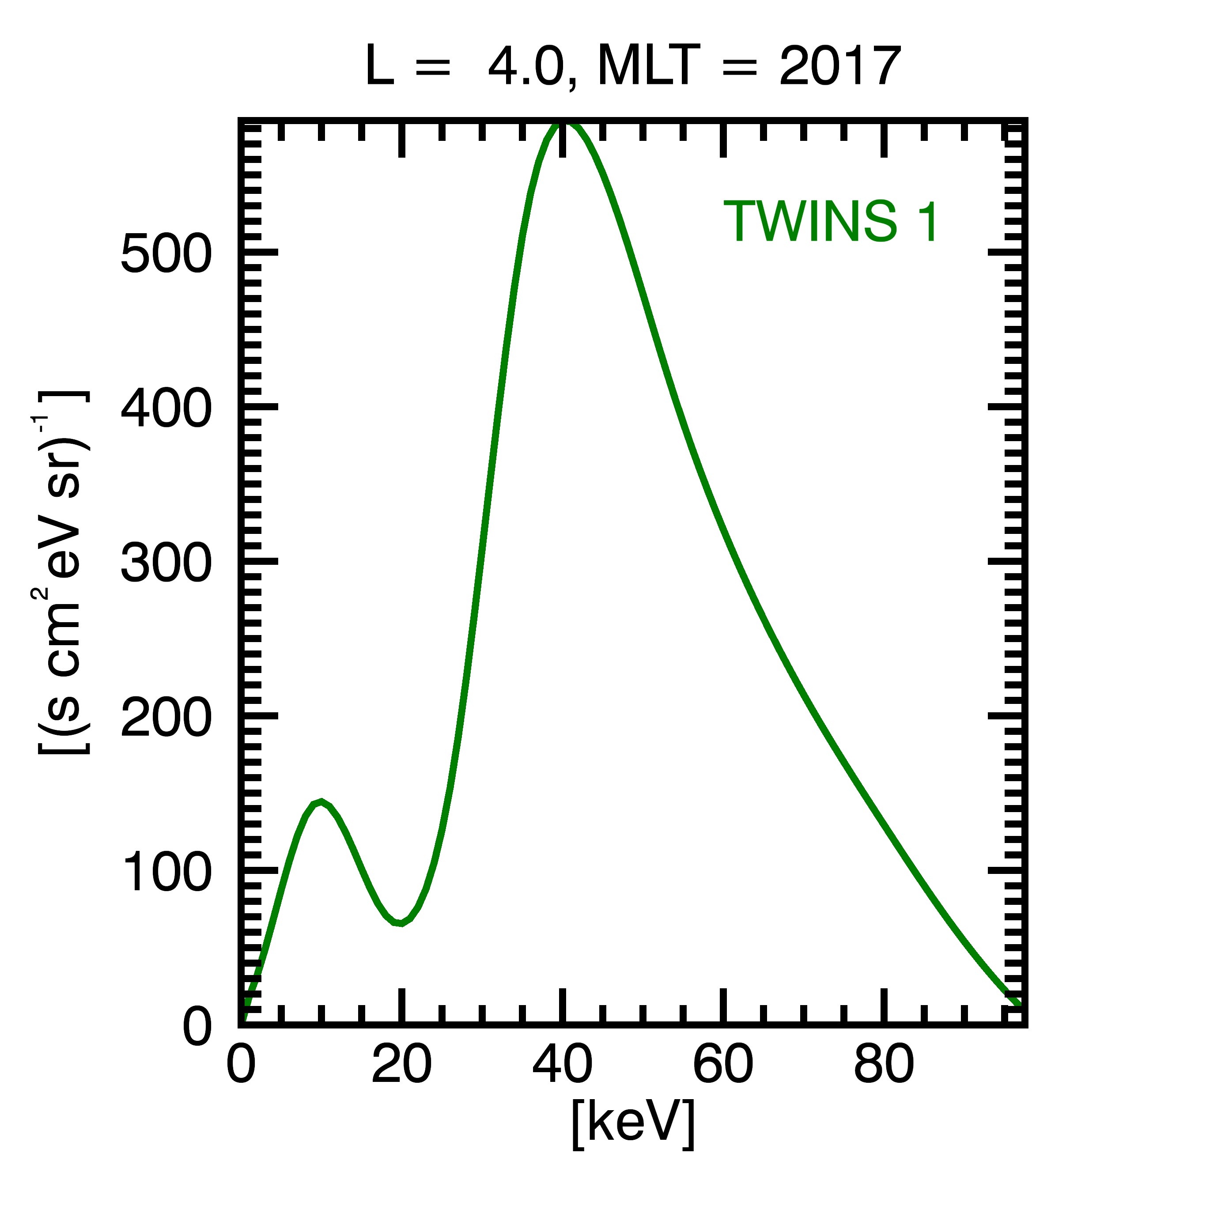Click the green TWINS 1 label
(x=830, y=222)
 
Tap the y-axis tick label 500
(x=166, y=255)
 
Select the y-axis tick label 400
(x=166, y=409)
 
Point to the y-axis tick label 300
(x=166, y=564)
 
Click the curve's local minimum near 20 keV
(x=401, y=922)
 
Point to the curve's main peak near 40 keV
(x=563, y=123)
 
